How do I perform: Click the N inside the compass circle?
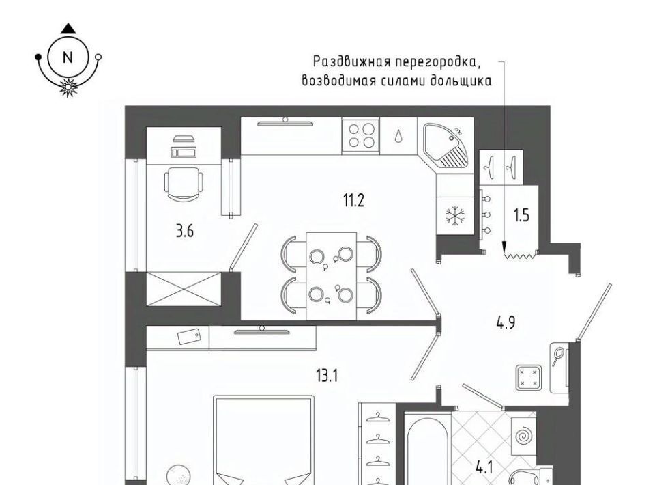(68, 57)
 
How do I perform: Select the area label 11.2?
(354, 201)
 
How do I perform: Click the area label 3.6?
(185, 231)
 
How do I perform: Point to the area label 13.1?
(327, 376)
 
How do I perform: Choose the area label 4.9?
(506, 322)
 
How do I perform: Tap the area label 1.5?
(521, 215)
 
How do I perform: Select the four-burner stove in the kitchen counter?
(361, 135)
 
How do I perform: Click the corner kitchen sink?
(446, 145)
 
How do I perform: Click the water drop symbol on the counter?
(398, 135)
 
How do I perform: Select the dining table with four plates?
(332, 276)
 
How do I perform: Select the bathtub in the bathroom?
(428, 448)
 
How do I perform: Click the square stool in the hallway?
(529, 378)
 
